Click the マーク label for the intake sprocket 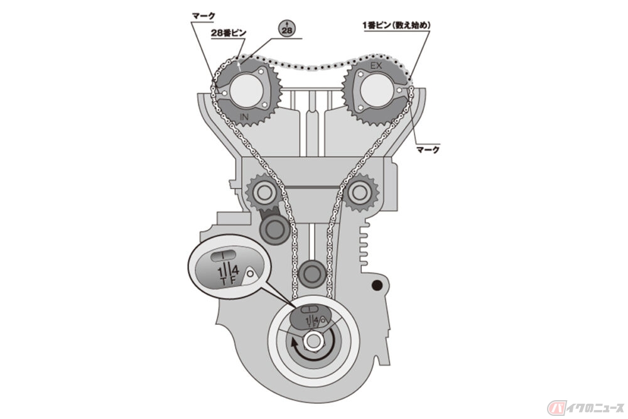(203, 16)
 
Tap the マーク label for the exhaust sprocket (428, 150)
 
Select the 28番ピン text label (229, 33)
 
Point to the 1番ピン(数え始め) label (396, 25)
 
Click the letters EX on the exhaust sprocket (376, 66)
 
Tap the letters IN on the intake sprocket (244, 117)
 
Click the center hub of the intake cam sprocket (244, 90)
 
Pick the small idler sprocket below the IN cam (263, 192)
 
